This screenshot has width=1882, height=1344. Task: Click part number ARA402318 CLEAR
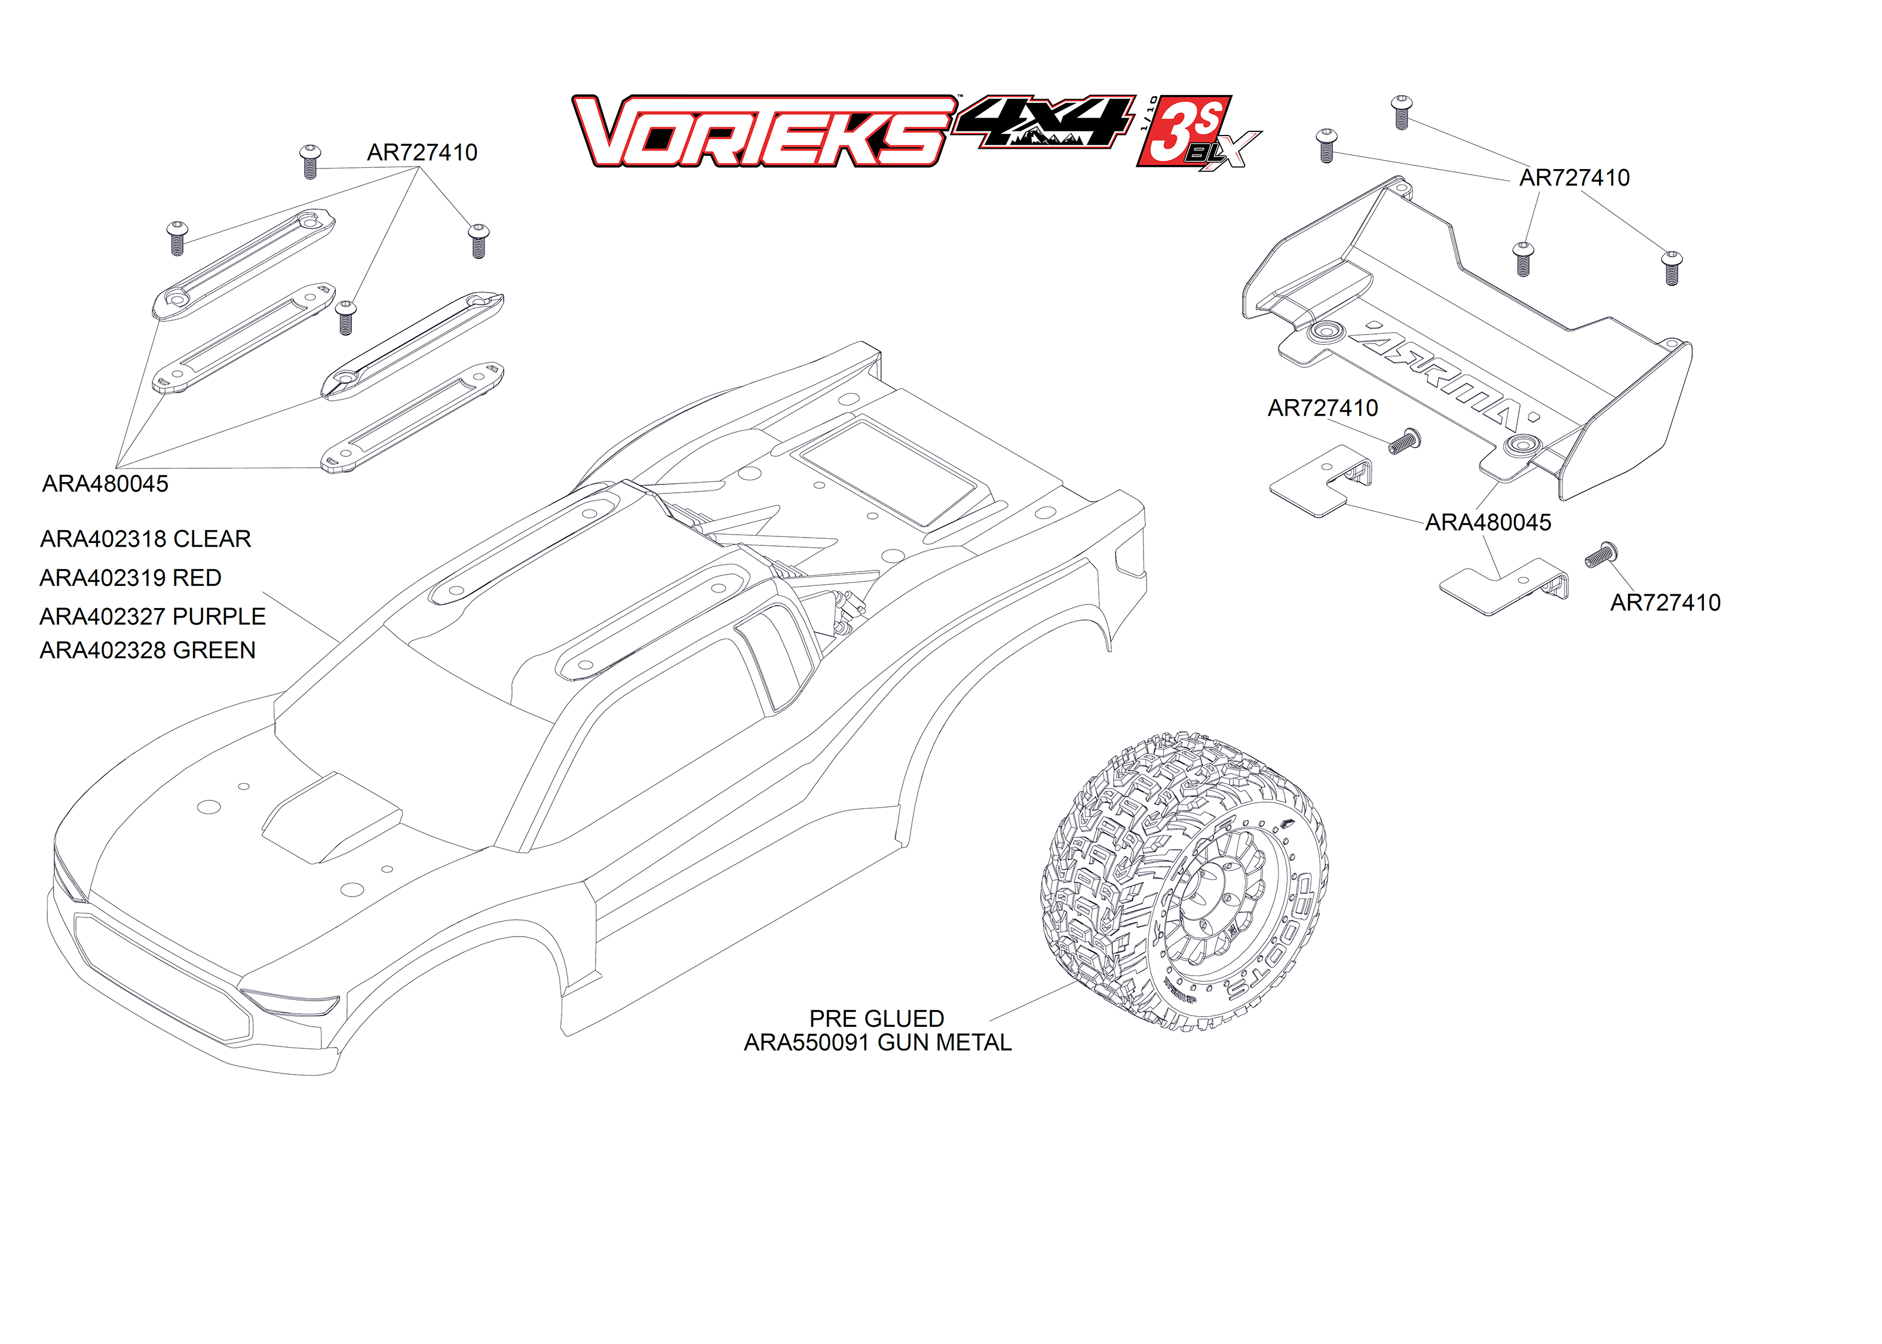coord(146,539)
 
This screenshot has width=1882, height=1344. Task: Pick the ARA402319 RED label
coord(131,578)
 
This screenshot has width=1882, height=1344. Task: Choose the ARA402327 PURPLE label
coord(152,616)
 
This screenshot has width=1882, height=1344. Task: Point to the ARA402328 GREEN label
coord(148,650)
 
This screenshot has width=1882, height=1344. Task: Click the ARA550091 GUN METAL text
coord(877,1043)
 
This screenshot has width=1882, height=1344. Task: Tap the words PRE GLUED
coord(876,1019)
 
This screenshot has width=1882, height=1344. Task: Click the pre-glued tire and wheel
coord(1184,882)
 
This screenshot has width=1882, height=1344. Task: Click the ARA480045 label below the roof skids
coord(105,484)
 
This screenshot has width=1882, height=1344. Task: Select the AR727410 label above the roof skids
coord(422,153)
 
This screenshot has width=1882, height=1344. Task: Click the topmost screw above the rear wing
coord(1401,112)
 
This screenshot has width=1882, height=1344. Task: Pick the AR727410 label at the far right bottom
coord(1665,603)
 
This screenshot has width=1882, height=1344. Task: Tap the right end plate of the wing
coord(1626,422)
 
